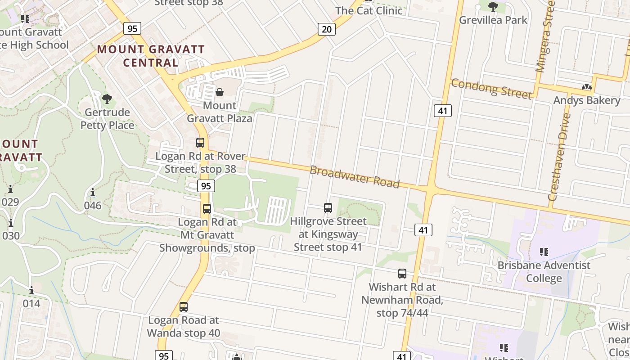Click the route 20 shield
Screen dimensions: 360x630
click(x=327, y=29)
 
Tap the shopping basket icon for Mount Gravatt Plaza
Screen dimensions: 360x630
click(x=220, y=92)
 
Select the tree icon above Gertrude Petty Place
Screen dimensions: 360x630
click(x=107, y=99)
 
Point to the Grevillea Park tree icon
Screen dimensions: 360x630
click(x=493, y=6)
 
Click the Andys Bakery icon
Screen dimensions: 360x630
click(x=586, y=87)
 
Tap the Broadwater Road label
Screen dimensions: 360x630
click(x=355, y=176)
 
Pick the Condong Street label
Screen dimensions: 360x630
click(x=491, y=88)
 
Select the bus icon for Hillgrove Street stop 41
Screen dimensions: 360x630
click(x=328, y=208)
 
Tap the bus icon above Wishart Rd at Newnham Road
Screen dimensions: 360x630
click(x=402, y=274)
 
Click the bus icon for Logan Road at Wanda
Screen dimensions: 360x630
click(x=184, y=307)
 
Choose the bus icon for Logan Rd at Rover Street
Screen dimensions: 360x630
click(x=200, y=143)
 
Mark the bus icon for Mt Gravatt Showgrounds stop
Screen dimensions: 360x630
click(x=207, y=209)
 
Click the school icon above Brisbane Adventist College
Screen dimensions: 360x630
click(x=544, y=252)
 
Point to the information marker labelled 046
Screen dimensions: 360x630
click(x=93, y=193)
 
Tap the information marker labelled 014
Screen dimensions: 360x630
click(x=31, y=291)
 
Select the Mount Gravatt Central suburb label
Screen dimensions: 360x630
click(x=151, y=56)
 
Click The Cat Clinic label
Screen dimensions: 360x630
click(x=369, y=10)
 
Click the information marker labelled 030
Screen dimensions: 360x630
click(x=11, y=223)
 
